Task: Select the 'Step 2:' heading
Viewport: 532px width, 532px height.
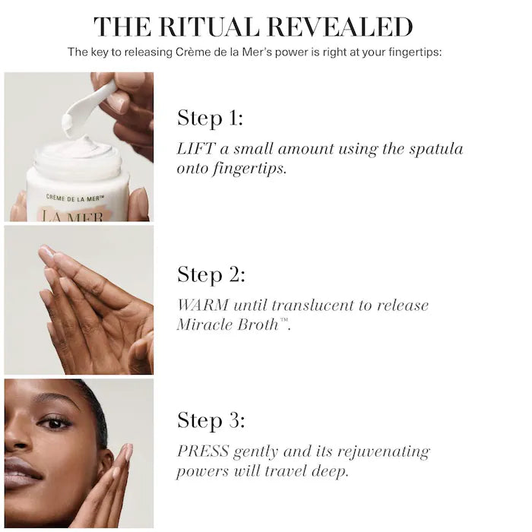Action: (x=211, y=274)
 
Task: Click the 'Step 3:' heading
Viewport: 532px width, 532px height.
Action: (x=211, y=420)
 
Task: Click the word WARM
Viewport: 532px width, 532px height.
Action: (x=201, y=305)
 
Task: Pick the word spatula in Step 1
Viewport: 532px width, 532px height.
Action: (x=433, y=149)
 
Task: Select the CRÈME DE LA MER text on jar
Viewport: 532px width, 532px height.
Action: (x=74, y=198)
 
